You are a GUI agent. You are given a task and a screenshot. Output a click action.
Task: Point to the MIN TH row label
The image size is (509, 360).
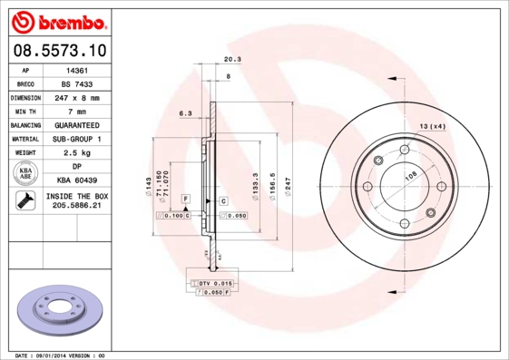[x=24, y=111]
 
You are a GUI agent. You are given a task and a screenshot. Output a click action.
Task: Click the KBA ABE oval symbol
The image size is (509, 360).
[x=25, y=173]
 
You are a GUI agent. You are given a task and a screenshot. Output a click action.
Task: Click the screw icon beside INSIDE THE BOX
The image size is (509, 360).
[x=25, y=201]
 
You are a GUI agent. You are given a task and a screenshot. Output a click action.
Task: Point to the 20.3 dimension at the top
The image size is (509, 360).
[x=231, y=61]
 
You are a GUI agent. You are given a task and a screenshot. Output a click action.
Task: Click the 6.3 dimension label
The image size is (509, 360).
[x=185, y=113]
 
